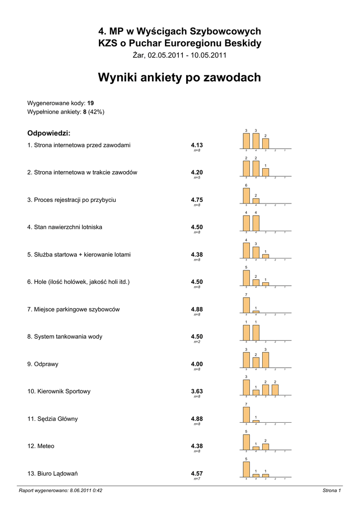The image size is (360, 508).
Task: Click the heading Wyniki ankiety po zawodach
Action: tap(179, 78)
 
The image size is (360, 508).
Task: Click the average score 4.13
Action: tap(197, 145)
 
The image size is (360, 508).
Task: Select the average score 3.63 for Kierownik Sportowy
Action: tap(197, 391)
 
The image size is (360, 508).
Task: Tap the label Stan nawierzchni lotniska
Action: tap(65, 227)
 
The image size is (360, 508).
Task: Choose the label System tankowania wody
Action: tap(65, 336)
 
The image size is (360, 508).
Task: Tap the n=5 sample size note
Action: tap(197, 177)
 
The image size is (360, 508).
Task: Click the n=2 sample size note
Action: tap(197, 341)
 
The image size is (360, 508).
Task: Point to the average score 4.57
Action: tap(197, 473)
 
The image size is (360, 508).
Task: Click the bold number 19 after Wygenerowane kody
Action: tap(90, 103)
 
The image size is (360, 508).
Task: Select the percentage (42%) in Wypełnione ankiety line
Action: tap(96, 112)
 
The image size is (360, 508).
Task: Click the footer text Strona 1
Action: tap(331, 491)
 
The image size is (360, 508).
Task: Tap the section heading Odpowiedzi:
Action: tap(49, 133)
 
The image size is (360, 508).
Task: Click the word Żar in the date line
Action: tap(138, 55)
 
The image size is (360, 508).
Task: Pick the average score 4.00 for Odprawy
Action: tap(197, 364)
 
